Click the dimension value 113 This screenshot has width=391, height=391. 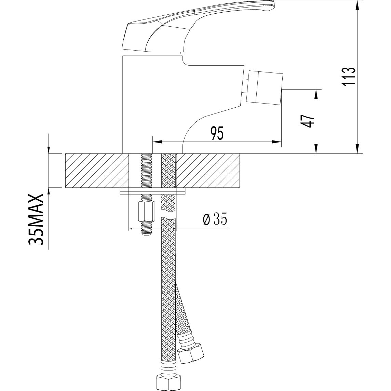(x=348, y=77)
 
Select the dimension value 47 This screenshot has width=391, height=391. (x=307, y=121)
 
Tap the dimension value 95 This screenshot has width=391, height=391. (x=217, y=133)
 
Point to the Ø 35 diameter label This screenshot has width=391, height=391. (x=215, y=219)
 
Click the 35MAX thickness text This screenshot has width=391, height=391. (x=37, y=219)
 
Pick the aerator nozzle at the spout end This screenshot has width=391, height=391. (x=265, y=87)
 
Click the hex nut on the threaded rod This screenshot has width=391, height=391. (x=146, y=212)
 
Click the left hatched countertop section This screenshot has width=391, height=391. (x=97, y=171)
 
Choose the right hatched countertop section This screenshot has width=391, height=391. (x=208, y=171)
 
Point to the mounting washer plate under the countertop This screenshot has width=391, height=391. (x=153, y=191)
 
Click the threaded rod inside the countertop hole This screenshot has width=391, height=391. (x=146, y=171)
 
